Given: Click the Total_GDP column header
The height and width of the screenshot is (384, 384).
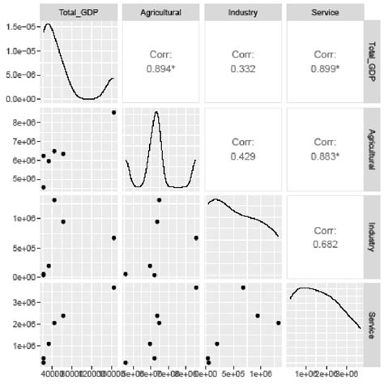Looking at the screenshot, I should [x=78, y=13].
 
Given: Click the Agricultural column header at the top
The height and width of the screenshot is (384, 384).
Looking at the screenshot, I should [x=160, y=13].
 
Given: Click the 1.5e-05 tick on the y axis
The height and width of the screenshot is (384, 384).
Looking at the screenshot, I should [x=19, y=27].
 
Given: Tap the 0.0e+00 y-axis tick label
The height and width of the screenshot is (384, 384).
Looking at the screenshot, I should [x=19, y=99].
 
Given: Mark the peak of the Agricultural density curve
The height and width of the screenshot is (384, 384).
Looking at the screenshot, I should [x=156, y=113].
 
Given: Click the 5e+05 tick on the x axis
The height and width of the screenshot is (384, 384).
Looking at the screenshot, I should [x=233, y=375].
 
